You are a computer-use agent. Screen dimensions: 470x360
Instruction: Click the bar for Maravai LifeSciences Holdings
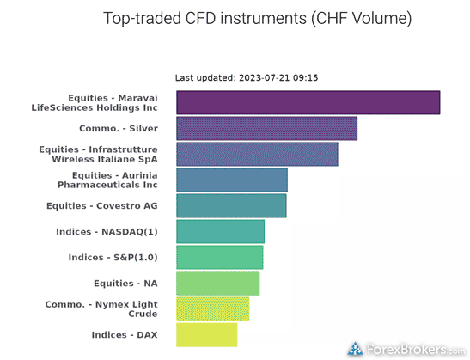[x=308, y=102]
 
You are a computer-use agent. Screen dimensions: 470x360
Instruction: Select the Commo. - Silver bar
[x=266, y=128]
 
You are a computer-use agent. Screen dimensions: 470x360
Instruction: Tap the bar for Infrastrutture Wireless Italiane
[x=257, y=154]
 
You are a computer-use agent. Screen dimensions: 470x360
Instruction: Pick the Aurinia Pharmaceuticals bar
[x=232, y=180]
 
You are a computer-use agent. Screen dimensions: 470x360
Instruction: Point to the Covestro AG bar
[x=231, y=205]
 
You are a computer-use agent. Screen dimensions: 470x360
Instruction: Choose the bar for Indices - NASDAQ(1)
[x=220, y=231]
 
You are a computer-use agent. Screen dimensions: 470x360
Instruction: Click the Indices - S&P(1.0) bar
[x=220, y=257]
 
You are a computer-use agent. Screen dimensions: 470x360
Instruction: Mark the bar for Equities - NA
[x=218, y=283]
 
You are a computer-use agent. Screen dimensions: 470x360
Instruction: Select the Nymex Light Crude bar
[x=213, y=308]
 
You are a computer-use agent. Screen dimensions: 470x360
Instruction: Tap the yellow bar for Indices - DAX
[x=207, y=334]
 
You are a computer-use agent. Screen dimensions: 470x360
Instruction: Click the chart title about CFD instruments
[x=258, y=19]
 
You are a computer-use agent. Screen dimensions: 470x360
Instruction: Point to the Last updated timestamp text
[x=247, y=78]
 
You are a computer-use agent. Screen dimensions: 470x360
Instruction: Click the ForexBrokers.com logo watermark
[x=406, y=349]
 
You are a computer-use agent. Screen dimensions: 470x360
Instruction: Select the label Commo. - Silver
[x=119, y=128]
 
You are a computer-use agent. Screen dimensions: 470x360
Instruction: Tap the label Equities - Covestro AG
[x=102, y=206]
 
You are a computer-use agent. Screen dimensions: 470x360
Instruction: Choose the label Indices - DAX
[x=125, y=335]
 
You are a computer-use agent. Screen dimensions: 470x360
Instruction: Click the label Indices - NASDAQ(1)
[x=107, y=232]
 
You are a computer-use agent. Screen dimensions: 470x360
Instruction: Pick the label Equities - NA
[x=125, y=284]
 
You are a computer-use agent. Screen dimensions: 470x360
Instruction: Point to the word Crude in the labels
[x=143, y=314]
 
